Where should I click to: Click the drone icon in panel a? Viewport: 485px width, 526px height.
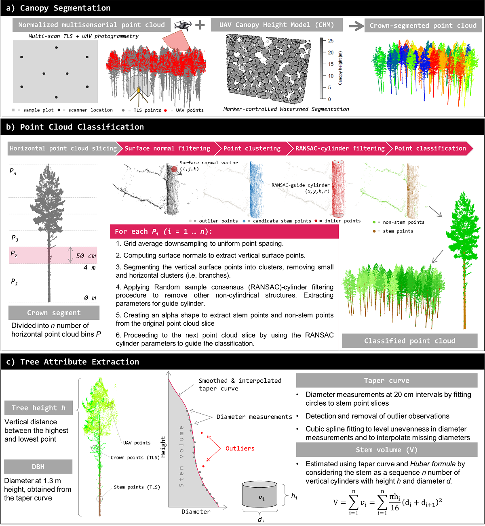click(183, 25)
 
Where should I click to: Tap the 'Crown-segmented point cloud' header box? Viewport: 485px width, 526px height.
click(423, 25)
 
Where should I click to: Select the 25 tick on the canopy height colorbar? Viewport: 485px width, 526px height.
click(331, 41)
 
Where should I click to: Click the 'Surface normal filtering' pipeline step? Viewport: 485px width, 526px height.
click(167, 149)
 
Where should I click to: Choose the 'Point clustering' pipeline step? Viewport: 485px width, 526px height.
click(252, 149)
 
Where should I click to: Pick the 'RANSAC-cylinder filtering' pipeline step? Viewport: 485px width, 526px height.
click(339, 149)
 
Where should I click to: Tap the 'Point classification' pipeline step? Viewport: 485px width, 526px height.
click(430, 149)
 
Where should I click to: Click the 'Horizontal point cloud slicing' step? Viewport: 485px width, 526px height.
click(63, 149)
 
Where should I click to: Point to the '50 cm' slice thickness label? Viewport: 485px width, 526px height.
click(86, 256)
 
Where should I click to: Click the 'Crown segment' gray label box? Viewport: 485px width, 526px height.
click(54, 313)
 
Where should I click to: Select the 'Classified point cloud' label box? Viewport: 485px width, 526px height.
click(409, 341)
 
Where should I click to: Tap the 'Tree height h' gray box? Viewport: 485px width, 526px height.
click(38, 408)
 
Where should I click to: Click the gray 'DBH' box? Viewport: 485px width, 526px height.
click(38, 467)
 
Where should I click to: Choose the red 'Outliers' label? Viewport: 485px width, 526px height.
click(240, 448)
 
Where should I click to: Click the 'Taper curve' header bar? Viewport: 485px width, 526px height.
click(386, 381)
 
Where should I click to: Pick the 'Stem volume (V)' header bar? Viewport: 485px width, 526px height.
click(386, 450)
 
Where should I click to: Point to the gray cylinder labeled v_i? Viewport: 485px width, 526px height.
click(259, 495)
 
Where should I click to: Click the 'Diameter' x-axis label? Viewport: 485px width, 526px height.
click(196, 512)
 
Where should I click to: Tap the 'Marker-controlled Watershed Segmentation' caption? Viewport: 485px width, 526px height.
click(286, 109)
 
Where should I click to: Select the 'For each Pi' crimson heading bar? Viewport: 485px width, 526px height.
click(224, 231)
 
